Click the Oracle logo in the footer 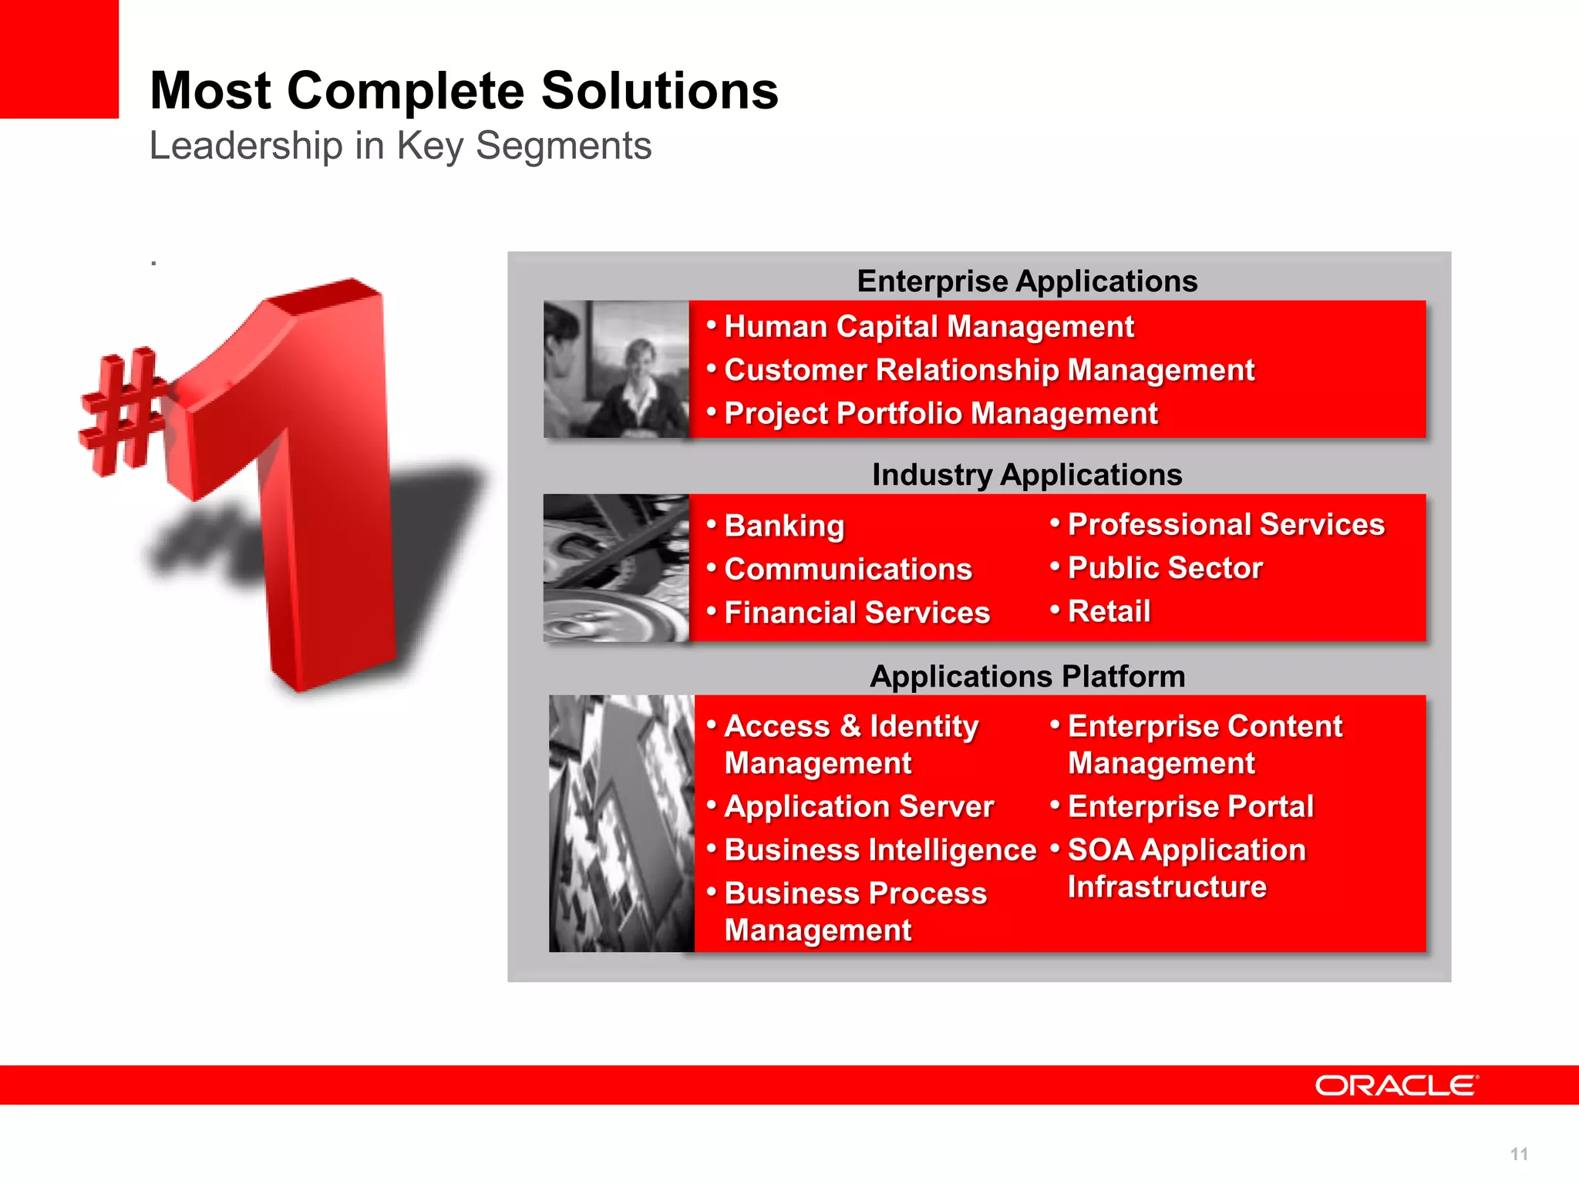point(1396,1085)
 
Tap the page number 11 point(1519,1154)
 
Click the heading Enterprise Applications point(1027,281)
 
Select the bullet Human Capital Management point(928,327)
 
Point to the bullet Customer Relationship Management point(988,370)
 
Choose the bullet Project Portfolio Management point(941,414)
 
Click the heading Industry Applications point(1027,475)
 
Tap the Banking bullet point(784,526)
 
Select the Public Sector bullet point(1164,568)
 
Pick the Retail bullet point(1109,611)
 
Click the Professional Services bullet point(1226,525)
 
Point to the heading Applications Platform point(1027,677)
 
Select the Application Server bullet point(859,807)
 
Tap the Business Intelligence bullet point(880,850)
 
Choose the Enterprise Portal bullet point(1190,807)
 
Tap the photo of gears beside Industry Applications point(616,568)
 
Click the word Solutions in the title point(659,91)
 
